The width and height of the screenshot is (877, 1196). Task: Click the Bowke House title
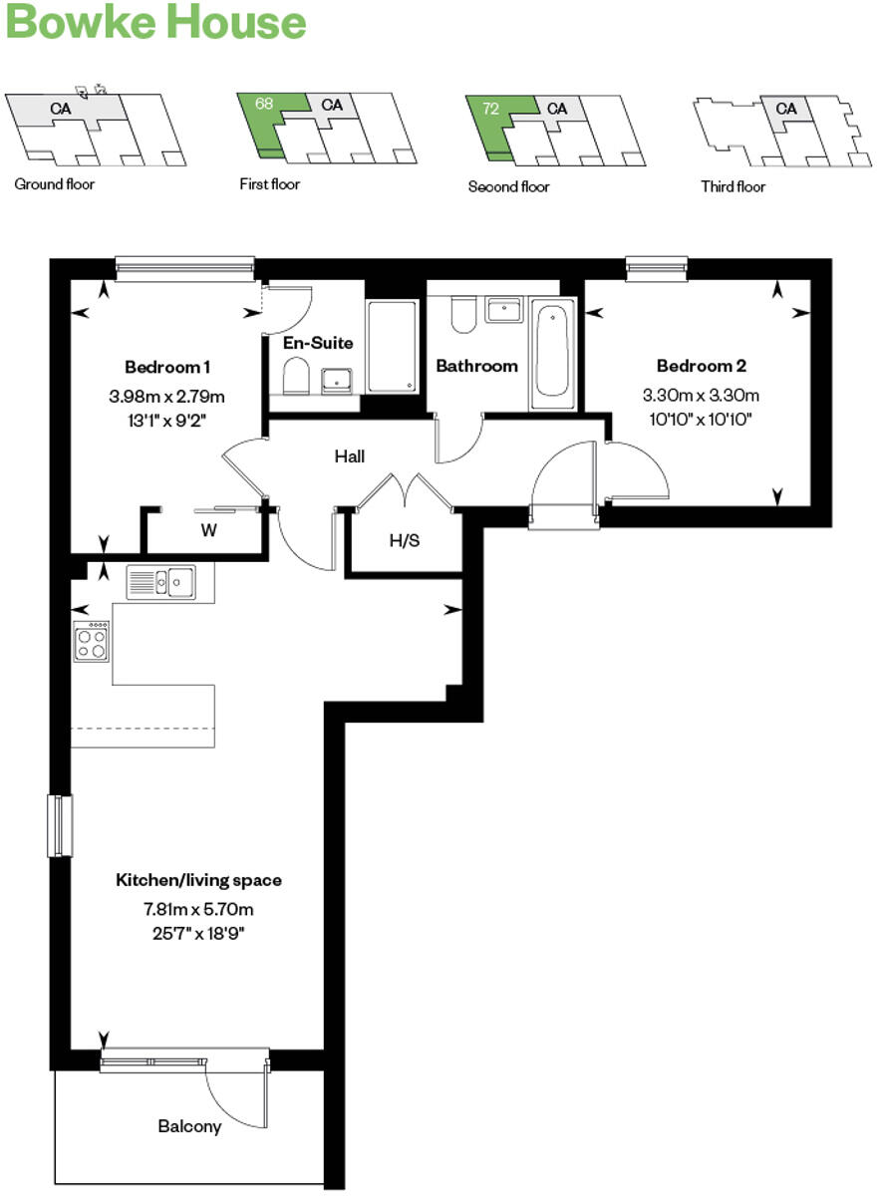tap(155, 22)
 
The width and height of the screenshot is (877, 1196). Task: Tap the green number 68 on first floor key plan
tap(264, 103)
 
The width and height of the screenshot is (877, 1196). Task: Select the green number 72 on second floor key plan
tap(490, 109)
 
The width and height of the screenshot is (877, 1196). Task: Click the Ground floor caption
tap(55, 184)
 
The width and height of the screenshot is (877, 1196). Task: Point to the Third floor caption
tap(732, 186)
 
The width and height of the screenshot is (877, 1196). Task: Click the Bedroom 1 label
tap(166, 366)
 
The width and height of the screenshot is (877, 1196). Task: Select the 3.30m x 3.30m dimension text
tap(701, 394)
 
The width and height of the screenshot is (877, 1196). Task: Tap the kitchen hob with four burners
tap(92, 641)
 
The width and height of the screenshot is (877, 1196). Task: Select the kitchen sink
tap(161, 581)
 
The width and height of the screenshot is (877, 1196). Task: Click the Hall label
tap(349, 456)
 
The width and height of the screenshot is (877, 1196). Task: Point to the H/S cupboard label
tap(403, 540)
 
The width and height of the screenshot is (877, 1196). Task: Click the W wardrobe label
tap(208, 530)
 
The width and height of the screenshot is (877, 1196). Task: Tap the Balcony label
tap(189, 1126)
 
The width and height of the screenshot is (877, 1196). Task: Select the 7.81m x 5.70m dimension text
tap(197, 909)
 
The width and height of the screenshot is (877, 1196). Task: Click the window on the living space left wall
tap(59, 825)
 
